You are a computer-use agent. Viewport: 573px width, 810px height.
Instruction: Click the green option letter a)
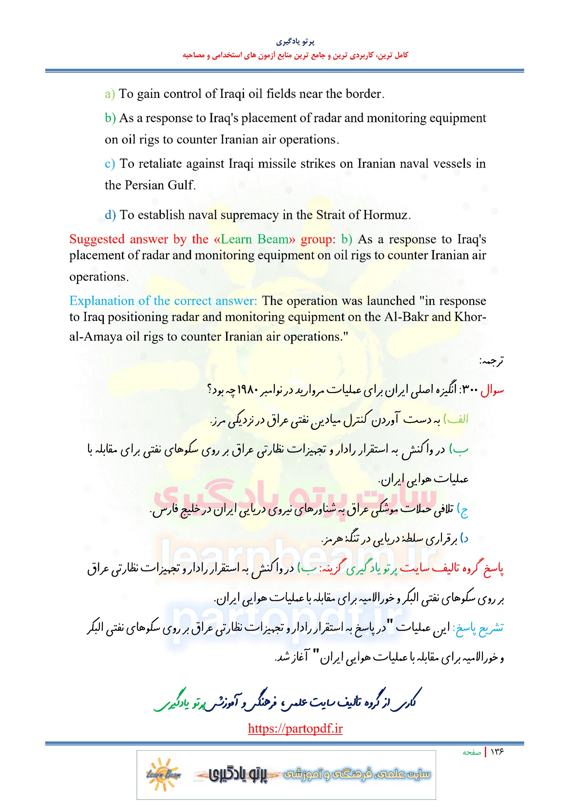click(109, 94)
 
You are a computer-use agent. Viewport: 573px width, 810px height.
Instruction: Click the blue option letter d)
click(110, 215)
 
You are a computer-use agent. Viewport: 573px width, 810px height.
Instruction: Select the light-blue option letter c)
click(109, 164)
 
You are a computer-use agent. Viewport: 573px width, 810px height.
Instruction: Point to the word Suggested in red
click(97, 239)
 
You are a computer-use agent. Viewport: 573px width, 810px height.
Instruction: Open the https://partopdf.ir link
click(295, 728)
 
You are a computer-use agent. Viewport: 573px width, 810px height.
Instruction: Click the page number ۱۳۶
click(497, 752)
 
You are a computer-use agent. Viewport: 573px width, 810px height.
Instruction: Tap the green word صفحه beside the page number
click(472, 752)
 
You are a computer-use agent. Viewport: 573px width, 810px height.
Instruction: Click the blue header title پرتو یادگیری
click(295, 42)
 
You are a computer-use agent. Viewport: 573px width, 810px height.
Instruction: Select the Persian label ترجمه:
click(491, 361)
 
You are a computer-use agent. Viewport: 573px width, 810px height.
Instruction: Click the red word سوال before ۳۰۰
click(492, 390)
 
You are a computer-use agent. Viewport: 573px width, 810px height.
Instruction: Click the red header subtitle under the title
click(295, 55)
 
